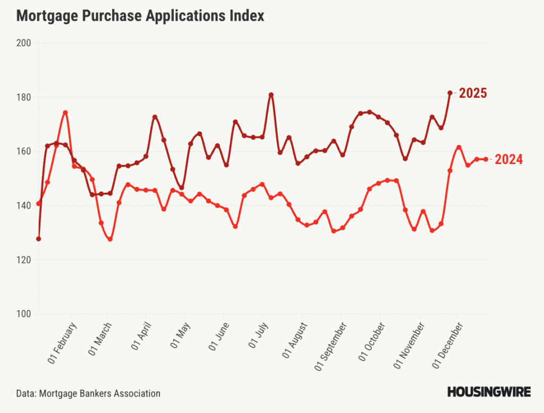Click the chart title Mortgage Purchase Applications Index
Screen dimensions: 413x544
coord(140,16)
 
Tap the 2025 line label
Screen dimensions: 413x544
coord(473,93)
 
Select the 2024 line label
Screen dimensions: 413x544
coord(508,159)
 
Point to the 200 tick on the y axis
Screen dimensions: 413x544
coord(24,43)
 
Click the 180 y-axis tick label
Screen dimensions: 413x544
coord(24,97)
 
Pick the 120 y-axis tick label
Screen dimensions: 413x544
coord(24,260)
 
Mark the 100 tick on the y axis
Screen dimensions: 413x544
coord(24,314)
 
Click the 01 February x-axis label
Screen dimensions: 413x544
coord(63,343)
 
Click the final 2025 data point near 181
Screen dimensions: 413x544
coord(450,93)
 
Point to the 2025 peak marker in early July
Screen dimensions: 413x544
coord(271,95)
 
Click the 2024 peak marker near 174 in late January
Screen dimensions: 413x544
coord(65,113)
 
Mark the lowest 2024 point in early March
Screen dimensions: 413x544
coord(110,239)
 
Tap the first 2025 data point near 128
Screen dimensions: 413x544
coord(38,239)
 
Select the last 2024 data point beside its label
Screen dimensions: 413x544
coord(486,159)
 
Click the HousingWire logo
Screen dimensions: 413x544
coord(489,393)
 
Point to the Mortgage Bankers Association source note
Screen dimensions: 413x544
coord(88,393)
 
